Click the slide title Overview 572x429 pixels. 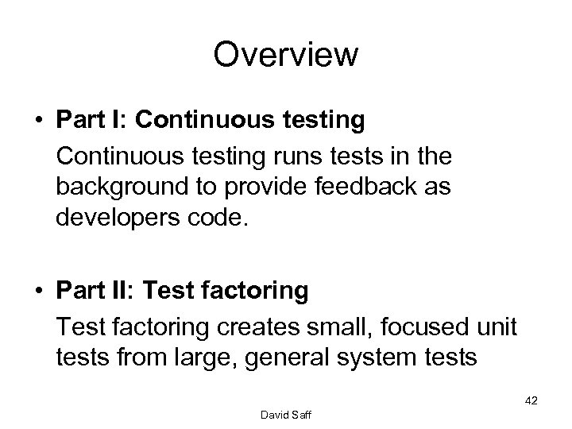(x=285, y=56)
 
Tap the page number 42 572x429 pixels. (x=531, y=400)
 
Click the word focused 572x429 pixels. (x=436, y=327)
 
